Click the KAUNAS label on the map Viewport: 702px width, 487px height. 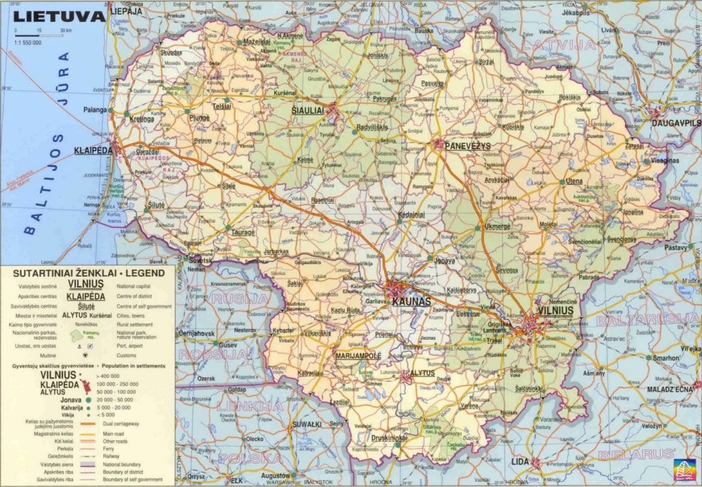(411, 301)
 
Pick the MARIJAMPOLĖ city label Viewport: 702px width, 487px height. (358, 355)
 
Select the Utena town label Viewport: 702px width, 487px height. (575, 181)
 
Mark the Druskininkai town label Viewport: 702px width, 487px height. (389, 438)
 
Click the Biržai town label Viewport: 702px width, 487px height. (486, 62)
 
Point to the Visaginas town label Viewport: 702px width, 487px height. (665, 161)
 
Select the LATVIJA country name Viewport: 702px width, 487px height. (558, 45)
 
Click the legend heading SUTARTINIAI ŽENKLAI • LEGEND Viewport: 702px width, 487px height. (88, 273)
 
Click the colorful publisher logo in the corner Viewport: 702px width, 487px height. (682, 468)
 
